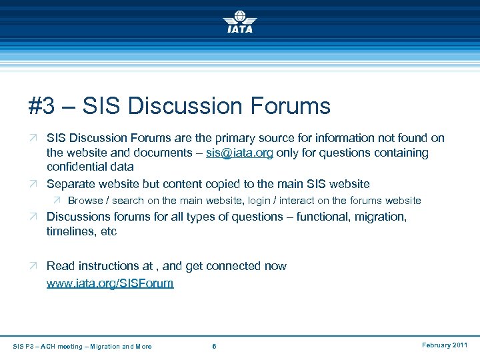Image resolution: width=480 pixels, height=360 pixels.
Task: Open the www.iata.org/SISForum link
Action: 110,283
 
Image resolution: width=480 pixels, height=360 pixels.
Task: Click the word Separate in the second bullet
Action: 72,183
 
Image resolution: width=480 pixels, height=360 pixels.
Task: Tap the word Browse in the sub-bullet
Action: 86,200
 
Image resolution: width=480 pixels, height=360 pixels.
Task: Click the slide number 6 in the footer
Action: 213,346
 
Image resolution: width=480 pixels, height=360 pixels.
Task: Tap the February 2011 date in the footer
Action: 445,345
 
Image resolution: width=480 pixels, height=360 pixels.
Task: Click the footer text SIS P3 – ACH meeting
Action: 47,346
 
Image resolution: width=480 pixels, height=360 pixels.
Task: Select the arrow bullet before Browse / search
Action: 57,200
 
